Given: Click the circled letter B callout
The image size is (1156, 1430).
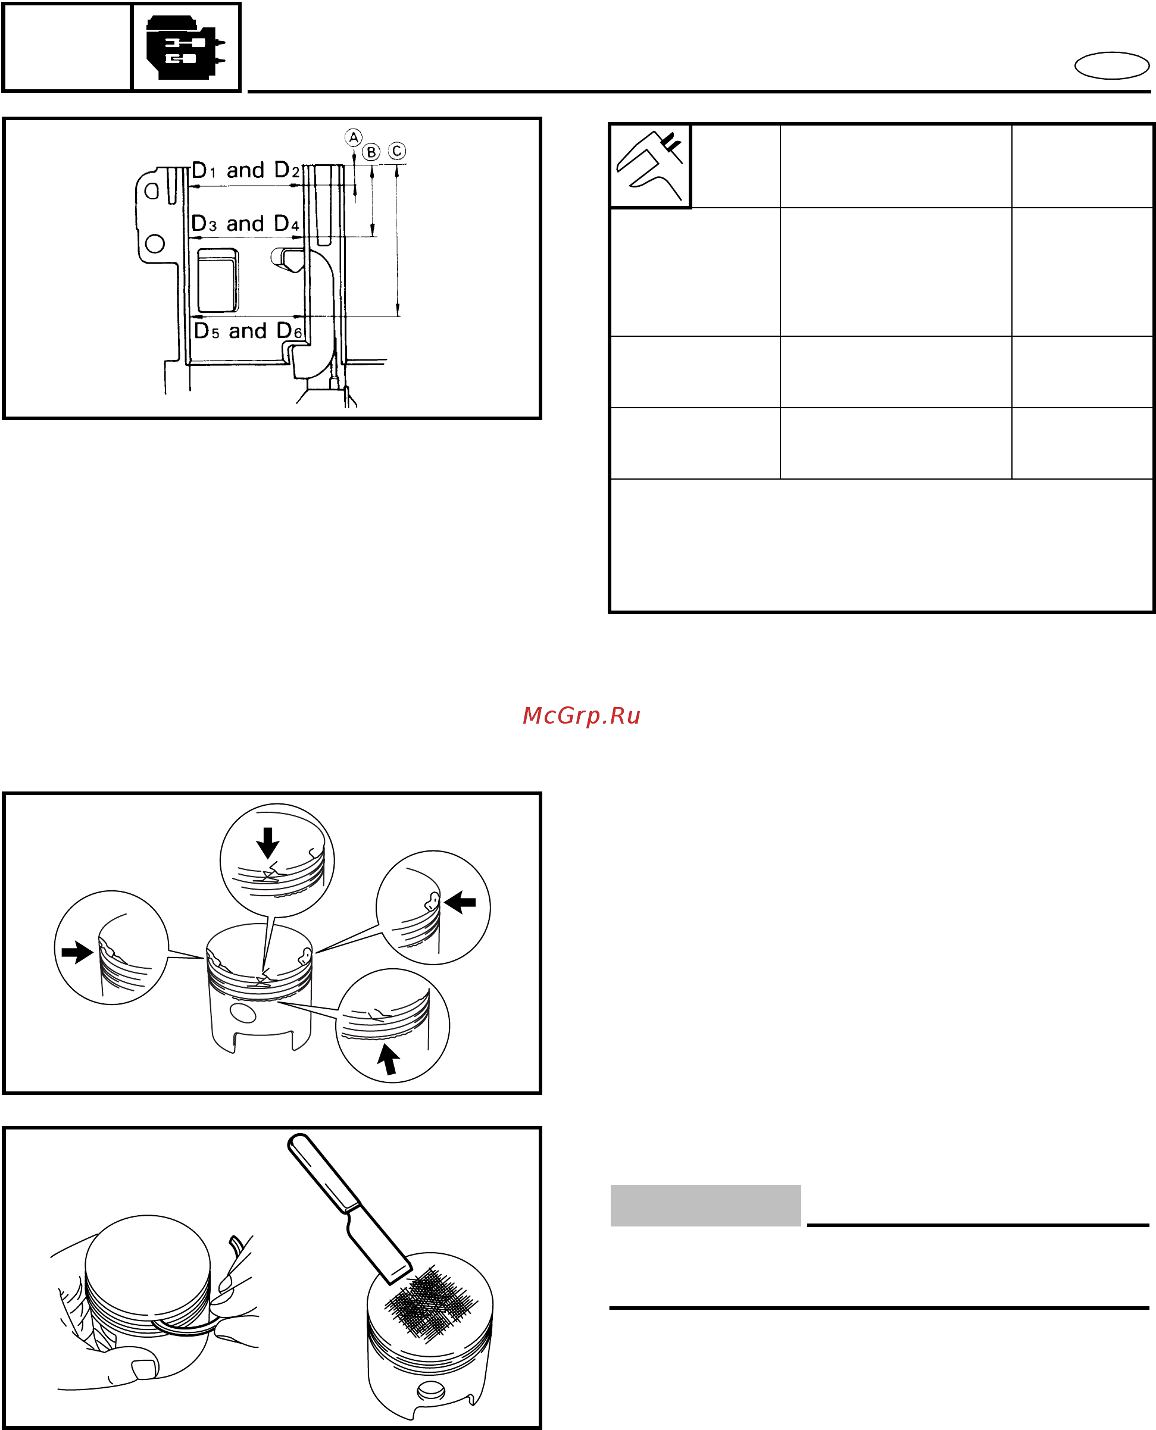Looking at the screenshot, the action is click(x=371, y=152).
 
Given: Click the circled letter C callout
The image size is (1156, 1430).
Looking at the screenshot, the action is click(x=397, y=151).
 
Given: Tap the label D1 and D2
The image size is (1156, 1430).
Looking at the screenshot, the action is click(x=246, y=170).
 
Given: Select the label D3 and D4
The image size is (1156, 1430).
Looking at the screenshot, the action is click(x=245, y=224).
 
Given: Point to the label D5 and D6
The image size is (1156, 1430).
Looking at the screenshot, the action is click(x=248, y=331).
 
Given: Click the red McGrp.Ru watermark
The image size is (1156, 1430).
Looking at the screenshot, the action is click(x=582, y=716).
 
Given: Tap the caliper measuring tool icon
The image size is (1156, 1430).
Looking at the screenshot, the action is click(x=650, y=166).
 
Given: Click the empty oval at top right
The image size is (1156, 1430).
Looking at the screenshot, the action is click(x=1112, y=66).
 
